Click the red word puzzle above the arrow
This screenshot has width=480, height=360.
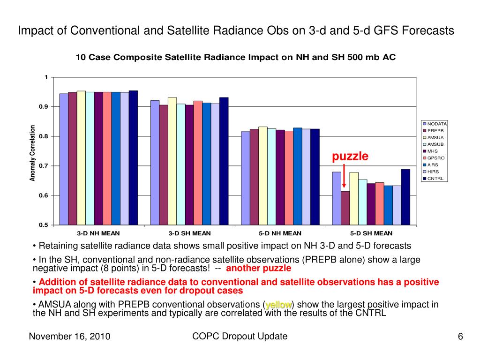point(351,156)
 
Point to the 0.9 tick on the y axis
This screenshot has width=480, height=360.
point(45,107)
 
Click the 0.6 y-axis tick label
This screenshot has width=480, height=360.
point(45,195)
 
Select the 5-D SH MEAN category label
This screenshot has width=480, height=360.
point(371,233)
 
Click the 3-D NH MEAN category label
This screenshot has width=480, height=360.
point(98,233)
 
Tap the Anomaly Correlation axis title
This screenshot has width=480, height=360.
point(33,153)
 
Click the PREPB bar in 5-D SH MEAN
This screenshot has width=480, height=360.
point(345,208)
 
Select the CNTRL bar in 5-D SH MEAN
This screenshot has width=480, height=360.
point(405,197)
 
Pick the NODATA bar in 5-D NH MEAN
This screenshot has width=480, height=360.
point(245,178)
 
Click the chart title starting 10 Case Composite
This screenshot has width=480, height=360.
point(236,58)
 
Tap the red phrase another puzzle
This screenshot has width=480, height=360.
point(258,269)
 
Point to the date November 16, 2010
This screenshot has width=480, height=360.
point(69,337)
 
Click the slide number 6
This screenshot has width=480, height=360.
point(460,337)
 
